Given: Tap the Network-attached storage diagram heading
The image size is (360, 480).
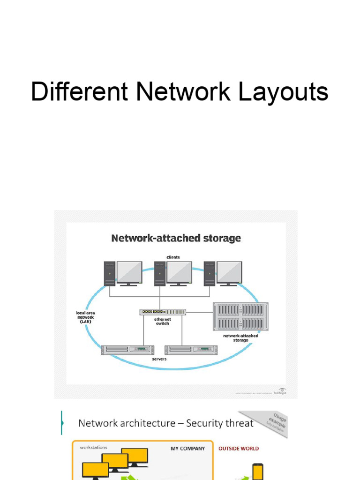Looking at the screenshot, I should (176, 238).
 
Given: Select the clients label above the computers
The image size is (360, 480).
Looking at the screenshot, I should (172, 257).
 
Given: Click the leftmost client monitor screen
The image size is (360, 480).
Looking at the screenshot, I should (129, 272).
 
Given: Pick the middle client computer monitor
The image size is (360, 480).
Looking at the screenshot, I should (179, 272).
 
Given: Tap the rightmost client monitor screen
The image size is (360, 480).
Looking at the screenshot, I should (229, 272).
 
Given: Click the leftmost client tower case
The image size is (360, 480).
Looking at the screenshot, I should (110, 273).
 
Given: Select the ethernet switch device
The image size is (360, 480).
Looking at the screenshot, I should (163, 312).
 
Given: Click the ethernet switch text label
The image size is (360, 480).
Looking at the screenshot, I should (162, 321).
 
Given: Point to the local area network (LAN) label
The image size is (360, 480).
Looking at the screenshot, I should (85, 317).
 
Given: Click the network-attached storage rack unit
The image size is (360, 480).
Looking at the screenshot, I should (241, 316).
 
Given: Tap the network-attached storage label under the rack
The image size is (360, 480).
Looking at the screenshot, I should (240, 337).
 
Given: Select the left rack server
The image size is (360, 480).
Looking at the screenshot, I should (127, 349).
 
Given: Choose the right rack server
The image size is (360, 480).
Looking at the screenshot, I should (191, 349).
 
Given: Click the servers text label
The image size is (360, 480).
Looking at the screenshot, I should (159, 359).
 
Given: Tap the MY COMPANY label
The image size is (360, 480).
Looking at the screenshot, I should (187, 449).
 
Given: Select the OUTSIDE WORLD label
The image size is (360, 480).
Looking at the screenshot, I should (239, 449).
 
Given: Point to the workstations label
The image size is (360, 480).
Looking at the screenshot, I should (93, 448).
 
